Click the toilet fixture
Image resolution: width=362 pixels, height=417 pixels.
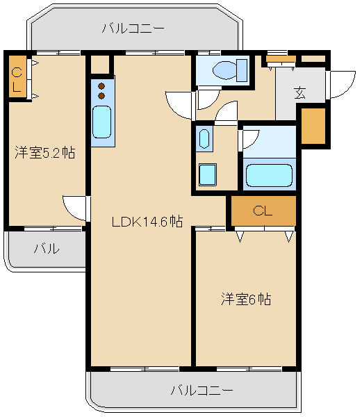tap(230, 70)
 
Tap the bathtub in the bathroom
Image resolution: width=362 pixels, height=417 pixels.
tap(269, 175)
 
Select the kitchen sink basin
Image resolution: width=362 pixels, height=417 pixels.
tap(102, 122)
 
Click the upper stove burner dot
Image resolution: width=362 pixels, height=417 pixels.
tap(101, 86)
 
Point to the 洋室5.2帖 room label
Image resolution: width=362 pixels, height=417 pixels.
tap(45, 152)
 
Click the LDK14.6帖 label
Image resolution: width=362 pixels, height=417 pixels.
tap(147, 221)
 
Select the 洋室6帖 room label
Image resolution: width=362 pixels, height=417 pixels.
tap(246, 299)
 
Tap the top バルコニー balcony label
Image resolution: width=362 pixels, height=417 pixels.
tap(133, 28)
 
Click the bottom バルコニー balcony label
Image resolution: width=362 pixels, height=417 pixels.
tap(201, 391)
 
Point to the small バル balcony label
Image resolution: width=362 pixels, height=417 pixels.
tap(47, 248)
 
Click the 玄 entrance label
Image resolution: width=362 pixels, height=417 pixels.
tap(299, 93)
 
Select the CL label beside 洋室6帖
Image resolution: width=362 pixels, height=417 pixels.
tap(263, 211)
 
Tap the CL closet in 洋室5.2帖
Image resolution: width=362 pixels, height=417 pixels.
tap(17, 76)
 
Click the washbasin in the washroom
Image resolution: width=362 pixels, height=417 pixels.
tap(204, 139)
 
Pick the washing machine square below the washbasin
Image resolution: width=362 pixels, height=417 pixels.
tap(208, 174)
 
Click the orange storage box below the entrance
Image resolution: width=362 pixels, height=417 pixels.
tap(313, 126)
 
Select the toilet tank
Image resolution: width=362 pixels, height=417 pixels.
tap(242, 70)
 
